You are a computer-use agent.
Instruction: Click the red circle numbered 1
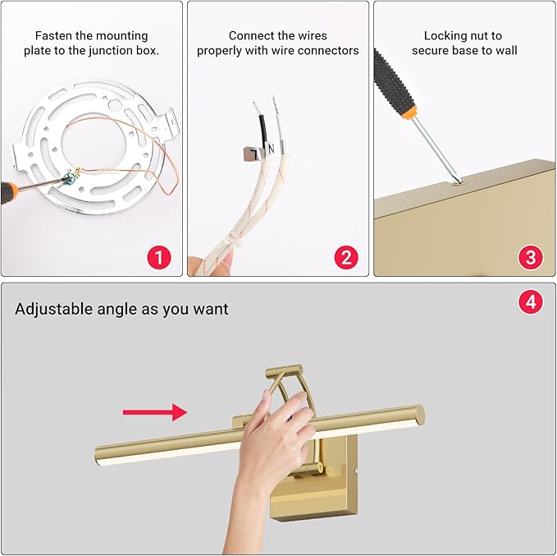pos(158,258)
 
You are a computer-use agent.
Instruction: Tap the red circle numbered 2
pos(345,258)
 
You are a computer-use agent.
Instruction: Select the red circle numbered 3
pos(531,258)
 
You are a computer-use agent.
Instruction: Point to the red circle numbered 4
pos(531,302)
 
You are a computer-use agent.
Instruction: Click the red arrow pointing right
pos(155,411)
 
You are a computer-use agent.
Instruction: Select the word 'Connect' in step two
pos(251,35)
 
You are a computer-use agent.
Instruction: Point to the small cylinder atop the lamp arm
pos(283,372)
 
